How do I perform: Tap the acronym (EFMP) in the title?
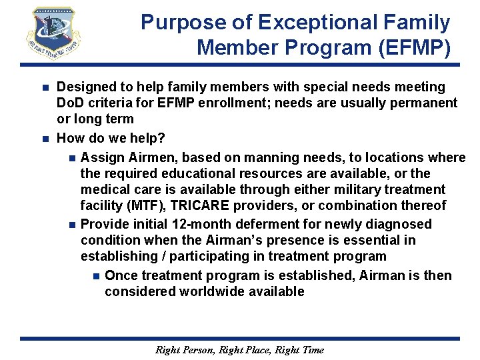click(x=417, y=48)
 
